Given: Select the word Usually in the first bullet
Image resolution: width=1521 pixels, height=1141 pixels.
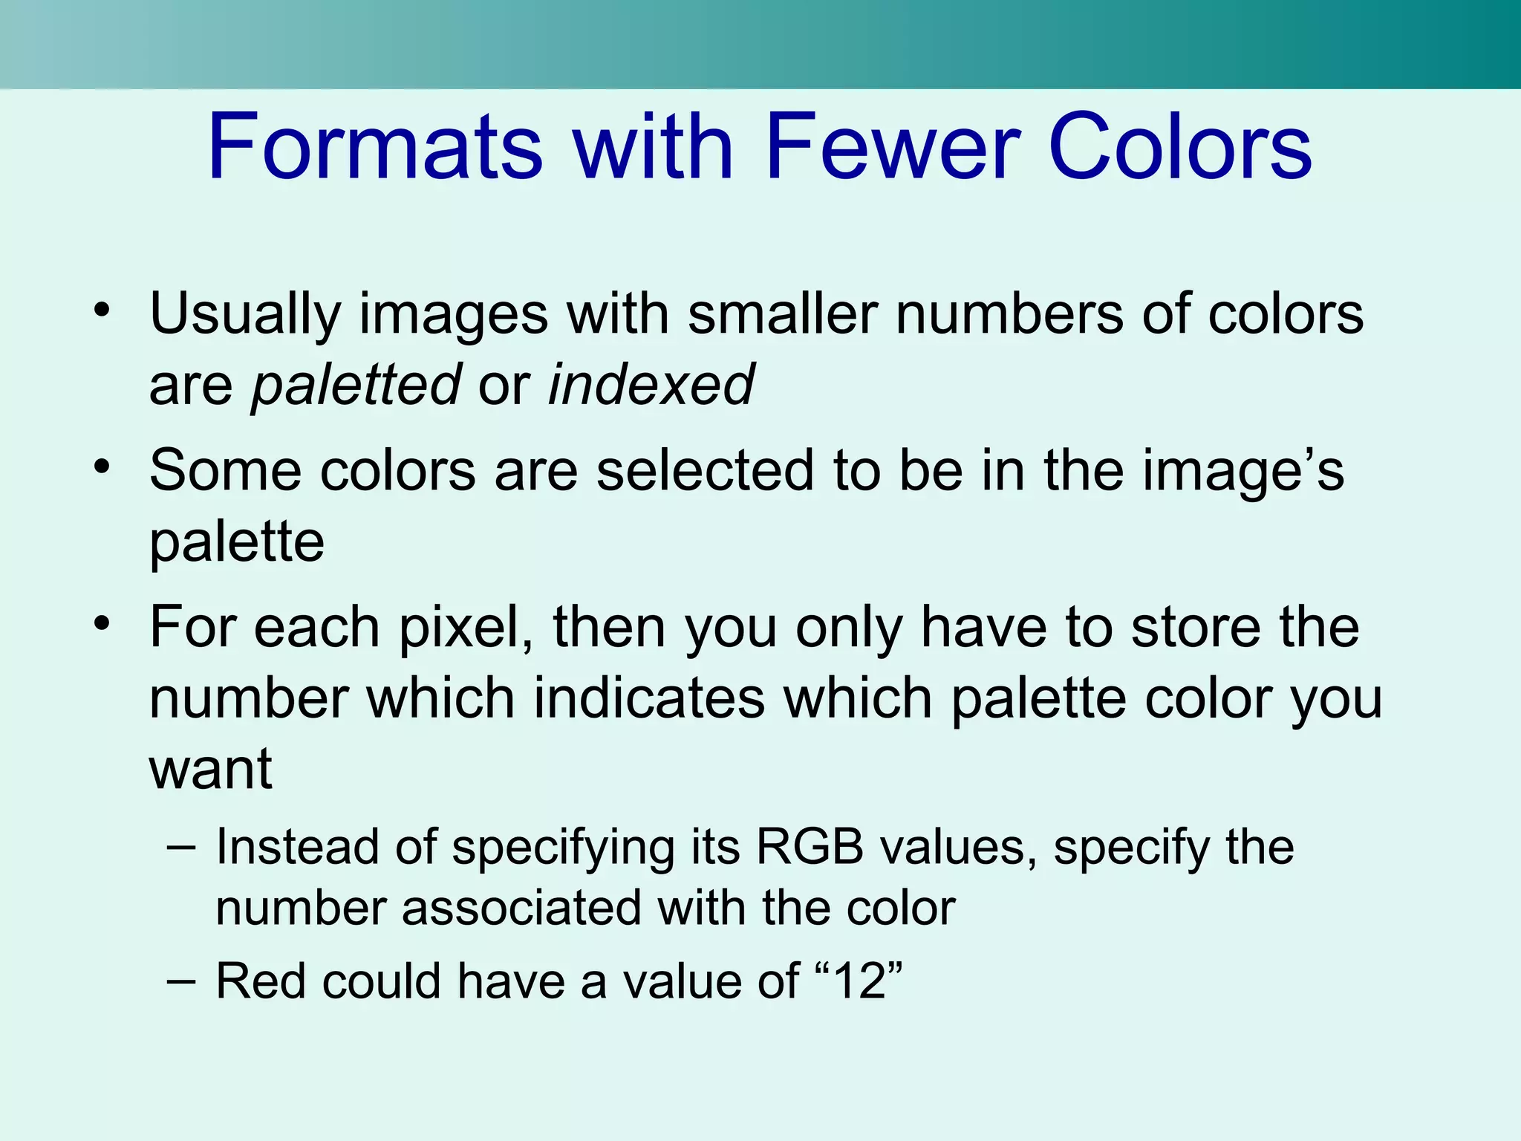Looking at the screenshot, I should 245,315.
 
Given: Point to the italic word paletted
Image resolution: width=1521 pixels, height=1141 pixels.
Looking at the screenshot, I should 356,386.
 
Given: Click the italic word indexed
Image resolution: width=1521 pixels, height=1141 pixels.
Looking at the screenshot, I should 651,384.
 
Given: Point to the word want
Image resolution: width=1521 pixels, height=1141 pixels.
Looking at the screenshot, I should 211,770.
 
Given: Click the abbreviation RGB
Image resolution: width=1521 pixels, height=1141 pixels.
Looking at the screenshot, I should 810,847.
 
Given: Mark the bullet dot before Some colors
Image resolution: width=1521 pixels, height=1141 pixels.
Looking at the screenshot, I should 102,467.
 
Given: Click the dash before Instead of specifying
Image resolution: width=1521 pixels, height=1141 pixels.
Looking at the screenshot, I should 182,848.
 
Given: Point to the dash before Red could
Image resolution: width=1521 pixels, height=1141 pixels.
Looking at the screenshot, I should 182,981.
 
